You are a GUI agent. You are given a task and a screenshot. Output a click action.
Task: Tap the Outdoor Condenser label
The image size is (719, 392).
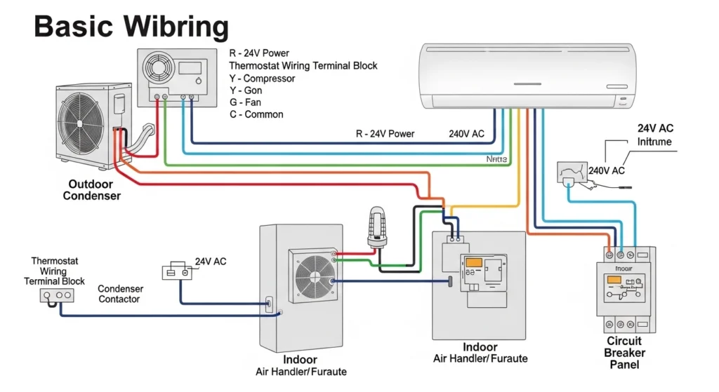(91, 190)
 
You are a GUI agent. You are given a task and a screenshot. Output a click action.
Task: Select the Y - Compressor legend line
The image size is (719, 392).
(262, 79)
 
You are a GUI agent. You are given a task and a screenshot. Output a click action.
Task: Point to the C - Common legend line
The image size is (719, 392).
(256, 114)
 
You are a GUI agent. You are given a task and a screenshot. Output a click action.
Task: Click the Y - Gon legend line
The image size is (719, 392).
(246, 90)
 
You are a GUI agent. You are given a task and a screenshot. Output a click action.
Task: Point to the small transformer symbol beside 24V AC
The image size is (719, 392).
(176, 272)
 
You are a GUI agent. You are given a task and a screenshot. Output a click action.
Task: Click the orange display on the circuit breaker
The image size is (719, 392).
(614, 280)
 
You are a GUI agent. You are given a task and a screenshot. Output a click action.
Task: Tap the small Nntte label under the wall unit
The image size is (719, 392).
(496, 160)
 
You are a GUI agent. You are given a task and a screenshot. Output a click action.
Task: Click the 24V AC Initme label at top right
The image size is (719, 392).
(654, 135)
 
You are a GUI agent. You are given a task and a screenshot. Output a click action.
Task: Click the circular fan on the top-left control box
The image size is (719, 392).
(158, 68)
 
